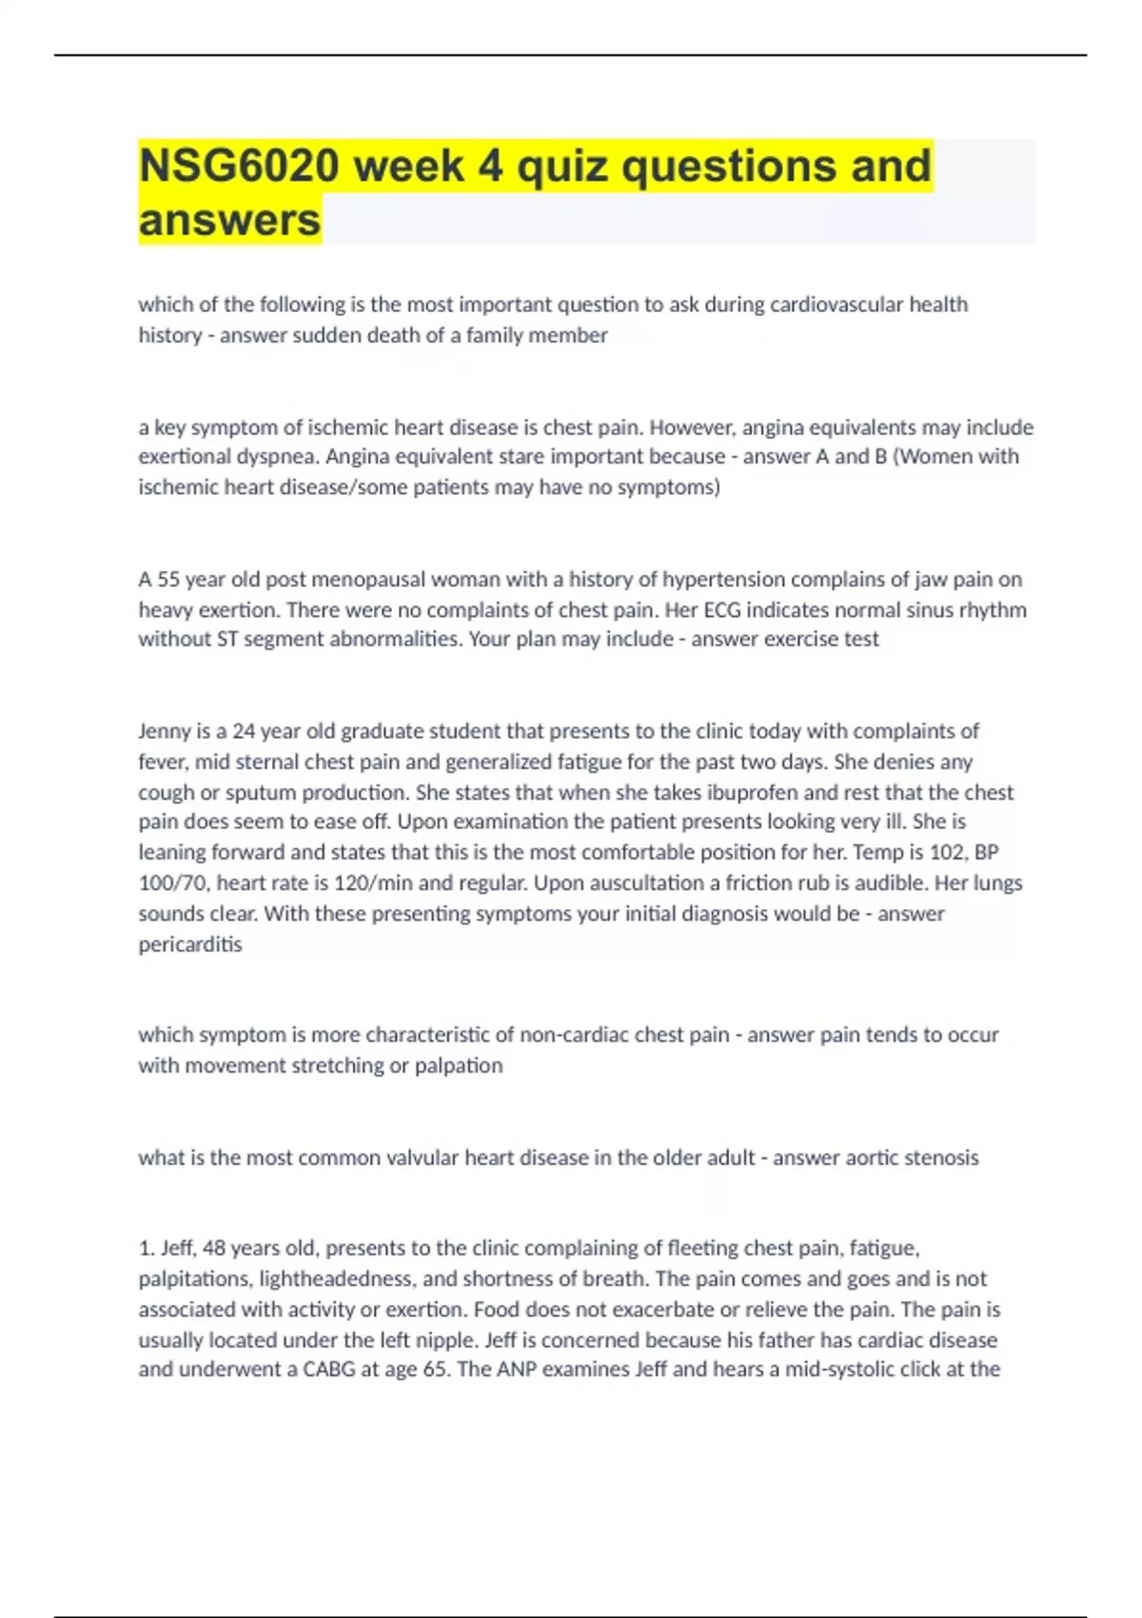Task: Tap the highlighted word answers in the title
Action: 229,220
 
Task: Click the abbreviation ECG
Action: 721,610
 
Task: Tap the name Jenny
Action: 164,731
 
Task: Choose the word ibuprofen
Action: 748,792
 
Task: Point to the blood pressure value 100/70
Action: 173,883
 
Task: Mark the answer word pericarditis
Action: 190,944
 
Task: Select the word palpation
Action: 459,1065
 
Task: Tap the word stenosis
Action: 937,1157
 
